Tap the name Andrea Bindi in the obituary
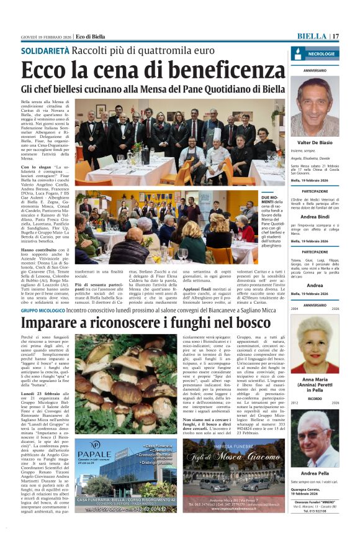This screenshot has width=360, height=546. (315, 217)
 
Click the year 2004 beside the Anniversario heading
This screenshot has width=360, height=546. (295, 308)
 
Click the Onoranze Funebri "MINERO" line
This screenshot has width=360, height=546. (315, 519)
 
